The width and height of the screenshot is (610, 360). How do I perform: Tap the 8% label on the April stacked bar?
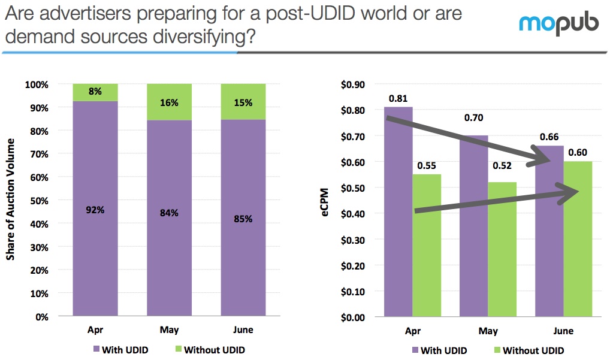click(x=95, y=92)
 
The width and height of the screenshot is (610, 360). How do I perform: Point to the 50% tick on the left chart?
click(x=38, y=201)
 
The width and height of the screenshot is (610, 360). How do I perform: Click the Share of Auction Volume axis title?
click(x=10, y=199)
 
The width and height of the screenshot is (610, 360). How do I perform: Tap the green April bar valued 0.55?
click(x=427, y=246)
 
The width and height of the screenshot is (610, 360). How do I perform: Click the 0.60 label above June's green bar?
click(x=577, y=152)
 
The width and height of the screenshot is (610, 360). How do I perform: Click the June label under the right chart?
click(x=563, y=331)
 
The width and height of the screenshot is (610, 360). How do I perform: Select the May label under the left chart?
click(x=169, y=330)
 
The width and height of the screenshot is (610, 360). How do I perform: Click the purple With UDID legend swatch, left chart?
click(x=96, y=350)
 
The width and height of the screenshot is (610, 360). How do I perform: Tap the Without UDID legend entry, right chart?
click(x=528, y=350)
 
